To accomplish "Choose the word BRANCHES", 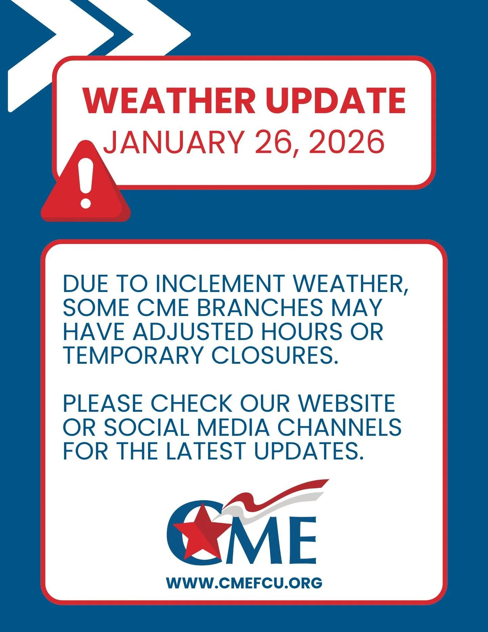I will [x=260, y=308].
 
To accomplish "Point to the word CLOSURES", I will [x=275, y=355].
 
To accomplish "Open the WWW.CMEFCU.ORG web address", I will [x=244, y=583].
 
